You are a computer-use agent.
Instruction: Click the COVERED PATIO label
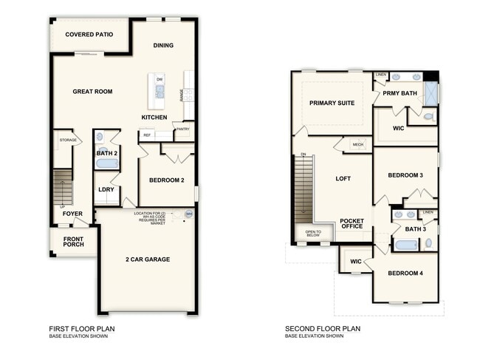coord(89,35)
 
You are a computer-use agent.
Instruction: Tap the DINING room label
coord(163,46)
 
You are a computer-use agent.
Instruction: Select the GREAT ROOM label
coord(92,92)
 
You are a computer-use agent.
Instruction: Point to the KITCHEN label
coord(154,118)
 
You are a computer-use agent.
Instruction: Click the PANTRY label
coord(182,129)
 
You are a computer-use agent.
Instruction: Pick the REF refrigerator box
coord(147,135)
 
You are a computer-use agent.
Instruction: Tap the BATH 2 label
coord(107,153)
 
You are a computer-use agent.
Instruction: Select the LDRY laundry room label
coord(106,189)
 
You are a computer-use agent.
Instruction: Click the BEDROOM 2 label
coord(166,180)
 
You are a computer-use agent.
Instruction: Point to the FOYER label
coord(72,214)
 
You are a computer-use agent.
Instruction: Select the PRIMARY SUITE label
coord(332,103)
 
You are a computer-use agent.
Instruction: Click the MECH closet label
coord(358,145)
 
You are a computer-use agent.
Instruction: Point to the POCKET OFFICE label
coord(352,224)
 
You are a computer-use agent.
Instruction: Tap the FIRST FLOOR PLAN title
coord(82,329)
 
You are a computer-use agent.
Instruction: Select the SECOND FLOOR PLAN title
coord(323,329)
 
